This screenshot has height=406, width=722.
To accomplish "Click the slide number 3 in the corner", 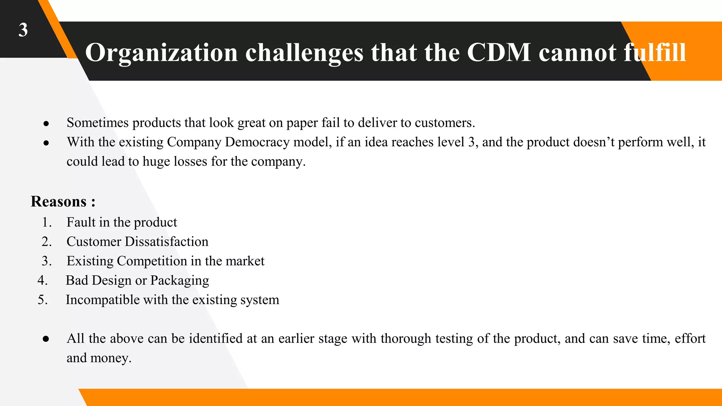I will click(23, 30).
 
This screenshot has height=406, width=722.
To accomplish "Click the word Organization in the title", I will click(161, 53).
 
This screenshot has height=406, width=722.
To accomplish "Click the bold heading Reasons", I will click(59, 202).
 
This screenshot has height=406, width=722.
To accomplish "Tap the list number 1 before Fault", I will click(46, 222).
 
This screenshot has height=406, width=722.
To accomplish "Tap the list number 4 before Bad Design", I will click(42, 281).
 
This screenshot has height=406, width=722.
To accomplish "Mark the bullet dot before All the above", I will click(46, 339).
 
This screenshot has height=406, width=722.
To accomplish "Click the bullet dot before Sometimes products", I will click(46, 124).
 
